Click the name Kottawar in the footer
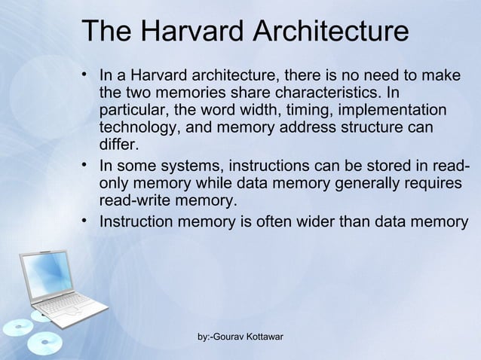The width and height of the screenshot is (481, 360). pos(258,336)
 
